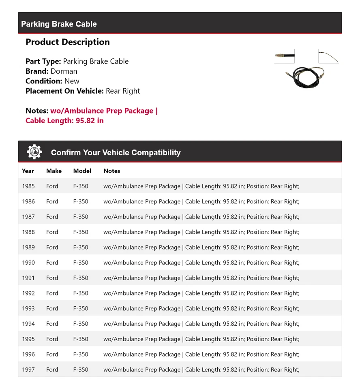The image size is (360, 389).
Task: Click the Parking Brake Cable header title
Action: [x=59, y=24]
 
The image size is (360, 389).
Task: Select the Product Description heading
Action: [x=67, y=42]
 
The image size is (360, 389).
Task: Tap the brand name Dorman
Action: [x=64, y=71]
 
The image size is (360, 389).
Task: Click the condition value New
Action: [x=72, y=81]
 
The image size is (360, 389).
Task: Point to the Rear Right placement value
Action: [x=123, y=91]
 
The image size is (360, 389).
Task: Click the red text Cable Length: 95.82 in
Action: [x=64, y=121]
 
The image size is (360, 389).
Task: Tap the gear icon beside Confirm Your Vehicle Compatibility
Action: [x=34, y=152]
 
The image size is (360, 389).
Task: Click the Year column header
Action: [x=28, y=171]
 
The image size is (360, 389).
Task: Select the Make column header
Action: [x=54, y=171]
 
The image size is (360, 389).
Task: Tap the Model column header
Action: [x=82, y=171]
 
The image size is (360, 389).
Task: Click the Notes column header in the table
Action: [x=112, y=171]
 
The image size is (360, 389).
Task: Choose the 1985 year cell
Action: [x=28, y=186]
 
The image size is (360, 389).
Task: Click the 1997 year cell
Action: [x=28, y=370]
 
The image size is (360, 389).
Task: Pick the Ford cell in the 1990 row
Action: [x=52, y=263]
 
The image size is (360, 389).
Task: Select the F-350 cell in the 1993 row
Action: [x=81, y=308]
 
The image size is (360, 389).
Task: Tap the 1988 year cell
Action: [x=28, y=232]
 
